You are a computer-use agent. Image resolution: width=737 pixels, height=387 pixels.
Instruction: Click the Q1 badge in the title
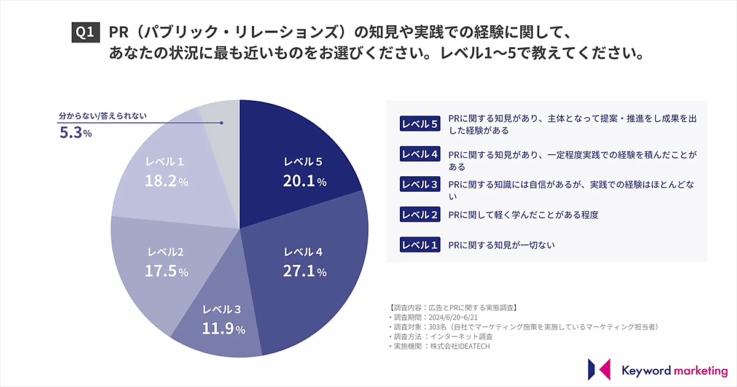pyautogui.click(x=85, y=32)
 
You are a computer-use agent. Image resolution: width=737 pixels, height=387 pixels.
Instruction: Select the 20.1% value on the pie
pyautogui.click(x=305, y=181)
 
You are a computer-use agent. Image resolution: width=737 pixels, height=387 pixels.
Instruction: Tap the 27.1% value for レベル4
pyautogui.click(x=305, y=271)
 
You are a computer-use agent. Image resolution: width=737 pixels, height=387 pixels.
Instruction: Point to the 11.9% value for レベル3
pyautogui.click(x=224, y=329)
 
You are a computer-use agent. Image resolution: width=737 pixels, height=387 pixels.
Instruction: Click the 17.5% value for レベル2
pyautogui.click(x=166, y=271)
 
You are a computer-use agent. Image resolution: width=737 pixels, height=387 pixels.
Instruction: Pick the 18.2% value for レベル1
pyautogui.click(x=166, y=181)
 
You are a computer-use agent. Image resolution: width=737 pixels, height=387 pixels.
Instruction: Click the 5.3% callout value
pyautogui.click(x=76, y=133)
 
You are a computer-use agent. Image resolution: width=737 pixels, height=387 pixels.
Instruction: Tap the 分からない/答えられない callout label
pyautogui.click(x=103, y=115)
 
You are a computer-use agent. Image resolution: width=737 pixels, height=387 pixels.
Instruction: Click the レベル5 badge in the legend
pyautogui.click(x=420, y=124)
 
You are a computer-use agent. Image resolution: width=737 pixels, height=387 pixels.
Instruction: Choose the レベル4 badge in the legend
pyautogui.click(x=420, y=154)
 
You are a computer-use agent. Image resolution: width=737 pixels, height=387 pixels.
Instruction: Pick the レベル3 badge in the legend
pyautogui.click(x=420, y=184)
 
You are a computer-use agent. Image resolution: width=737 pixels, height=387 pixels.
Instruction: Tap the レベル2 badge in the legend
pyautogui.click(x=420, y=214)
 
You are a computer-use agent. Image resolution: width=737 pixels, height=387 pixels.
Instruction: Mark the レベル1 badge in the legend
pyautogui.click(x=420, y=245)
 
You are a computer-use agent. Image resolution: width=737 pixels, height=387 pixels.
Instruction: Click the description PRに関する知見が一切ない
pyautogui.click(x=502, y=245)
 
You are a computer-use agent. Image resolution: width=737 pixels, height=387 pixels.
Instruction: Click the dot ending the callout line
pyautogui.click(x=221, y=122)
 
